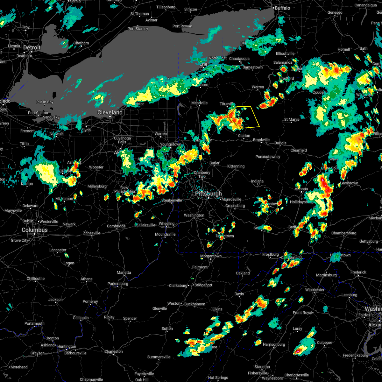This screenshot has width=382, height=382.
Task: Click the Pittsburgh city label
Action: (x=209, y=194)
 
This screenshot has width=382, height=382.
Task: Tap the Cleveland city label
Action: (x=110, y=112)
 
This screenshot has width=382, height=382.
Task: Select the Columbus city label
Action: (x=35, y=230)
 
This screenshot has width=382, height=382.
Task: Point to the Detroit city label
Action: (x=32, y=48)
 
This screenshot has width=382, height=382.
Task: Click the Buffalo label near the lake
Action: (x=282, y=8)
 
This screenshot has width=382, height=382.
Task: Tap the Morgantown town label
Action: (x=211, y=256)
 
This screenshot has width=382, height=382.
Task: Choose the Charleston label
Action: (x=113, y=351)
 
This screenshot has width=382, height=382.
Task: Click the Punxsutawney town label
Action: (x=268, y=157)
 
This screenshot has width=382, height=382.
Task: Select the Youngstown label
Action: (x=171, y=144)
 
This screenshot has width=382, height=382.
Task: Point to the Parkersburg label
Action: (x=118, y=284)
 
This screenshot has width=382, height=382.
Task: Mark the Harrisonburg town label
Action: (x=274, y=344)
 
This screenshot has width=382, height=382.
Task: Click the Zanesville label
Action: (x=92, y=233)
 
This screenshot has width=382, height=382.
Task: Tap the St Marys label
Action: (x=292, y=119)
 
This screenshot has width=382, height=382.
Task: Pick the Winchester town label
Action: (x=315, y=290)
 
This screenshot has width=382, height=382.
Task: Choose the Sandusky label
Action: (x=51, y=117)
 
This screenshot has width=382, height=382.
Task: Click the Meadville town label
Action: (x=199, y=103)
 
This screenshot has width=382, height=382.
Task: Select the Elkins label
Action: (x=217, y=309)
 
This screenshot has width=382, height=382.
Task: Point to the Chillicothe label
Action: (x=36, y=279)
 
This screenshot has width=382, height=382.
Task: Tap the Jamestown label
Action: (x=253, y=67)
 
